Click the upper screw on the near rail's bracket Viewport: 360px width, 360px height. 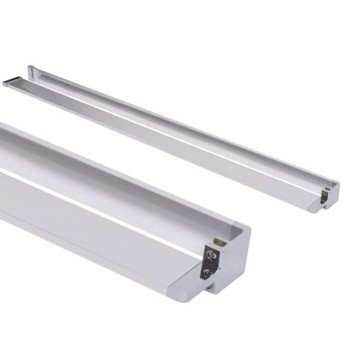point(209,253)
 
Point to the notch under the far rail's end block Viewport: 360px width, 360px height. point(328,210)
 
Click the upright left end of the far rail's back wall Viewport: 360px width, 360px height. point(31,70)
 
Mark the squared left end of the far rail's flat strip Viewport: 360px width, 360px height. point(9,82)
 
